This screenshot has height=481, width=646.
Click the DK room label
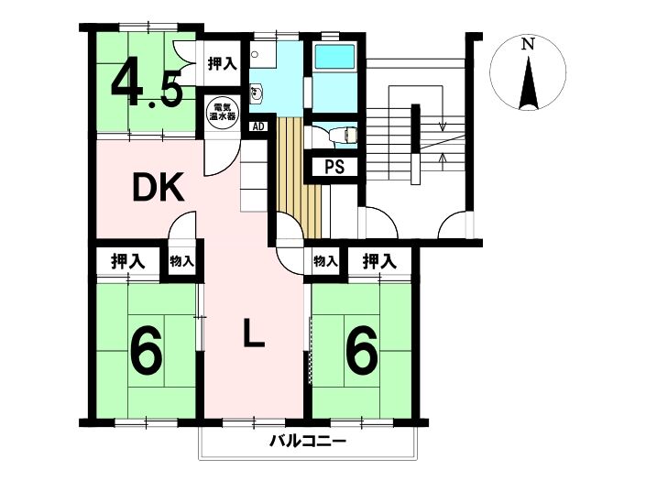point(158,188)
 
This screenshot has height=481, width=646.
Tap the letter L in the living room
point(254,333)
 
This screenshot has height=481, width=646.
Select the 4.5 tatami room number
point(147,87)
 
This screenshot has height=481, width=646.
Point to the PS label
point(334,167)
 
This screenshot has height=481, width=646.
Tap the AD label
point(258,126)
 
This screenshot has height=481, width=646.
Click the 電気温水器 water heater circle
point(223,111)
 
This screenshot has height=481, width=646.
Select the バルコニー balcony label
point(308,442)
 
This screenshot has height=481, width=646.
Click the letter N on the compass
point(528,44)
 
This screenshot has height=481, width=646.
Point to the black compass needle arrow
point(529,83)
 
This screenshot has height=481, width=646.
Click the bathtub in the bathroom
point(334,57)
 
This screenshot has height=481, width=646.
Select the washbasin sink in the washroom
point(257,92)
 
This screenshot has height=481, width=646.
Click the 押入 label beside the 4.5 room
point(222,63)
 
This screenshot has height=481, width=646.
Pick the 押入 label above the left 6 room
point(127,261)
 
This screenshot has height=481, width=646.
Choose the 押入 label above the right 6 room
point(379,261)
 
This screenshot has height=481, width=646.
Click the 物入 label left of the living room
point(181,261)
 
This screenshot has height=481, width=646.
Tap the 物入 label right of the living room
point(325,261)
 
